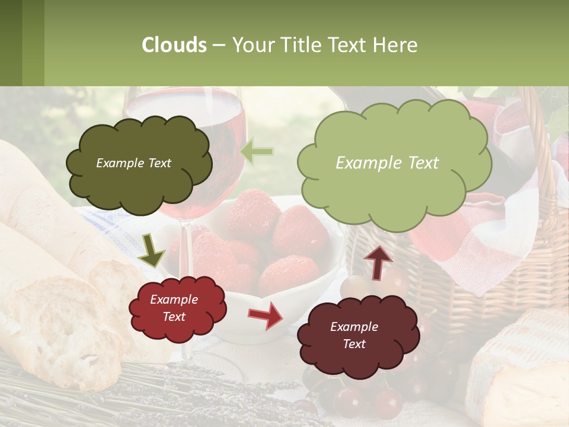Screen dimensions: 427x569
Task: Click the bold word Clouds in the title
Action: coord(174,45)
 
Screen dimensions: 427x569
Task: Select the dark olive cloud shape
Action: coord(139,163)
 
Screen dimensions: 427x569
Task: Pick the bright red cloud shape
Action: coord(177,308)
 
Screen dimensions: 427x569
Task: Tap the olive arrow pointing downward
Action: coord(151,250)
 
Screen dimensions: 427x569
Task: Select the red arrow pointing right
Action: coord(265,315)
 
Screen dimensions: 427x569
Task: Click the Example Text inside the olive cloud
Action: coord(133,163)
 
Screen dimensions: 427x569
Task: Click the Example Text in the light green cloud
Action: coord(387,163)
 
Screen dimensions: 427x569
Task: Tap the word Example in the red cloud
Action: coord(174,299)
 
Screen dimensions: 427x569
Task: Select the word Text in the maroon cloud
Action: coord(354,344)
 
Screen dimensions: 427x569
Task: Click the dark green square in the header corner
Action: coord(11,43)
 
